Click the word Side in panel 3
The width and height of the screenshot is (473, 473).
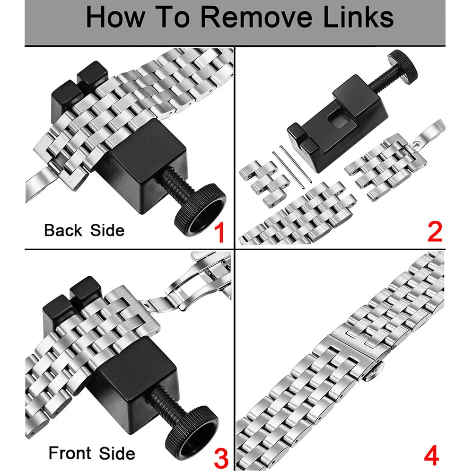pos(117,453)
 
